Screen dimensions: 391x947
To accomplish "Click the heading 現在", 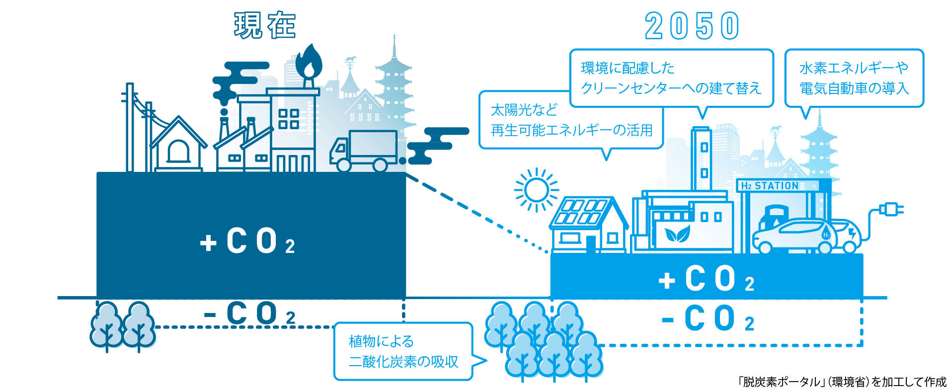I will pyautogui.click(x=265, y=25).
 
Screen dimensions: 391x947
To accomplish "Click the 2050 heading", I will pyautogui.click(x=692, y=26).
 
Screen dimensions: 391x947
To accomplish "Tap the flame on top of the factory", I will pyautogui.click(x=309, y=60).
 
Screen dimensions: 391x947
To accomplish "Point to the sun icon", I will pyautogui.click(x=536, y=189).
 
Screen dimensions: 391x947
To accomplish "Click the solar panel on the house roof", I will pyautogui.click(x=580, y=212).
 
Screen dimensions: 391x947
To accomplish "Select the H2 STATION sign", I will pyautogui.click(x=775, y=186).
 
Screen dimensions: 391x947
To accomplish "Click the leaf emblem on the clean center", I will pyautogui.click(x=677, y=233).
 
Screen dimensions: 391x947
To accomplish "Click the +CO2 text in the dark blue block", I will pyautogui.click(x=247, y=241).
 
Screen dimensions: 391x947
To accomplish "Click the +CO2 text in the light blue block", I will pyautogui.click(x=707, y=279).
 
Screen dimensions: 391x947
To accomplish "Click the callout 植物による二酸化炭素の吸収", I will pyautogui.click(x=403, y=351).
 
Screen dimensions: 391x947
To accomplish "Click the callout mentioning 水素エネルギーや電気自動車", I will pyautogui.click(x=854, y=78).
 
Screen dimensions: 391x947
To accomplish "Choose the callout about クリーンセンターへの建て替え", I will pyautogui.click(x=671, y=78).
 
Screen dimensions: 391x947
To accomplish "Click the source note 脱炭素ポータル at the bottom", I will pyautogui.click(x=842, y=382).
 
